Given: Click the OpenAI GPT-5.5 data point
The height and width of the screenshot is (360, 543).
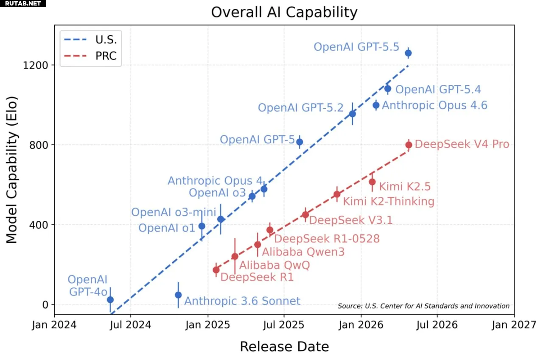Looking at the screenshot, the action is coord(408,53).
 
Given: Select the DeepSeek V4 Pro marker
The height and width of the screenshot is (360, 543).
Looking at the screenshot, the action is coord(409,145).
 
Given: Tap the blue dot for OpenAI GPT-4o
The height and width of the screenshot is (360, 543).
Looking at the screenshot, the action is coord(110,300).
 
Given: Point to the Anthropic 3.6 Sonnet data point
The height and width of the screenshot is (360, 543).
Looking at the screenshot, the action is coord(178,295).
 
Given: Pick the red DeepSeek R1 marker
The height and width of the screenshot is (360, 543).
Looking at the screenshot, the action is coord(216,270).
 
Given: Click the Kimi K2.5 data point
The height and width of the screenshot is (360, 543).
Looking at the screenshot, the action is coord(372,182).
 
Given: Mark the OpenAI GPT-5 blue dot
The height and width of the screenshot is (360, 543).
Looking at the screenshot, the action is coord(299,142).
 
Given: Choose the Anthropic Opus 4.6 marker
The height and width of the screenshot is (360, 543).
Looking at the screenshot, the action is coord(376,105).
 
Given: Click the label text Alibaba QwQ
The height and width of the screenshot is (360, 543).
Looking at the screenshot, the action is coord(274,265).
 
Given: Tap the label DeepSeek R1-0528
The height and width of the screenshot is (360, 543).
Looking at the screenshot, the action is coord(327,239).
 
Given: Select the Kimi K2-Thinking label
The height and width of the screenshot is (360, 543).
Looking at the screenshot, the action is coord(389,201).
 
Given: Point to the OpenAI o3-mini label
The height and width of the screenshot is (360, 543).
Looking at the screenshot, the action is coord(174,212).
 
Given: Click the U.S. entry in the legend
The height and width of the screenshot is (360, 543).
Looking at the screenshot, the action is coord(90,39).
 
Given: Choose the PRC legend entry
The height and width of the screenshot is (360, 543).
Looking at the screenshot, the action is coord(90,56).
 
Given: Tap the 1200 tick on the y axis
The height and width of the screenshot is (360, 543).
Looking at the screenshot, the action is coord(35,65).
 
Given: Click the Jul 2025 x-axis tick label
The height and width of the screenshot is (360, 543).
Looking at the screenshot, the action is coord(284,325).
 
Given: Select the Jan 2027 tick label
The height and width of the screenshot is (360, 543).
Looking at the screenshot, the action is coord(514,325).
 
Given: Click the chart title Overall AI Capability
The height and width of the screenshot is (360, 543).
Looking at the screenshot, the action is coord(284,12).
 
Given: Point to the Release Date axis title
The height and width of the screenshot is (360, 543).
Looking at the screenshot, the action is coord(284,346).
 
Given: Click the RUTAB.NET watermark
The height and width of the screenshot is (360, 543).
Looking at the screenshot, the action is coord(23,3).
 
